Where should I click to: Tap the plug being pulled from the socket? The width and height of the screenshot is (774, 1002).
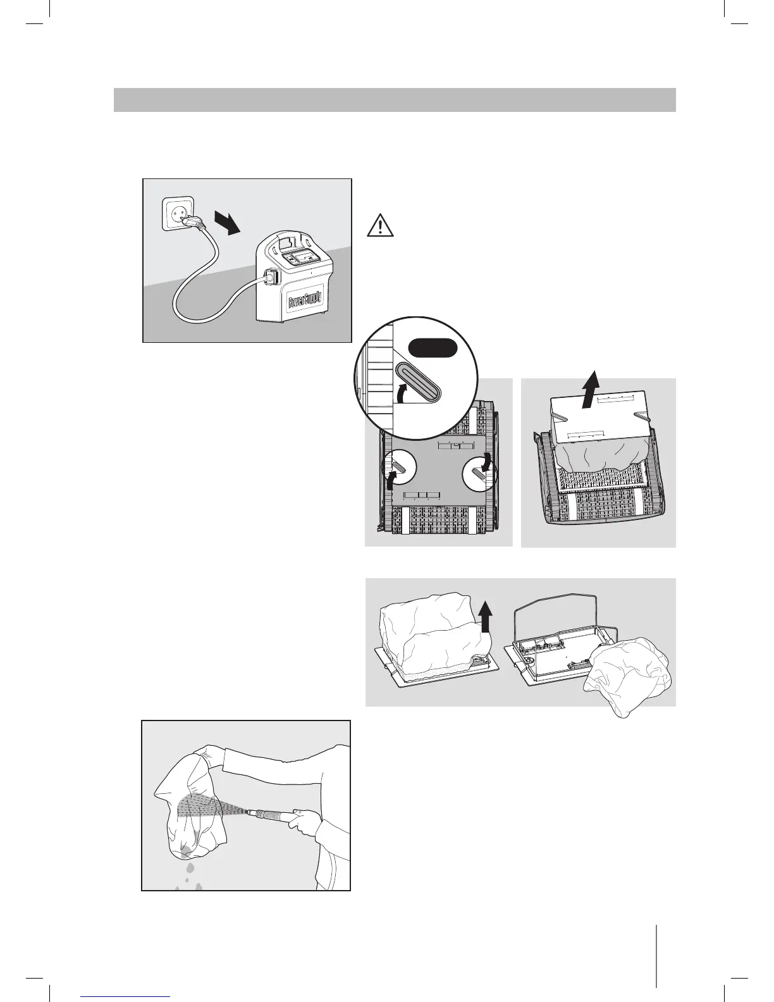pos(192,221)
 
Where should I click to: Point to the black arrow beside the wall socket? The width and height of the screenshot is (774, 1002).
pos(227,223)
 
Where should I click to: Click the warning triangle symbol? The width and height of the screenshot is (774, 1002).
pos(380,226)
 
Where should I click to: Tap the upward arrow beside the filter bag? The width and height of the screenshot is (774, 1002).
pos(484,616)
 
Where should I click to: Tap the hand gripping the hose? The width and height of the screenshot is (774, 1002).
pos(309,820)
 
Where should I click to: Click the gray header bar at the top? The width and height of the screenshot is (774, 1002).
pos(395,100)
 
